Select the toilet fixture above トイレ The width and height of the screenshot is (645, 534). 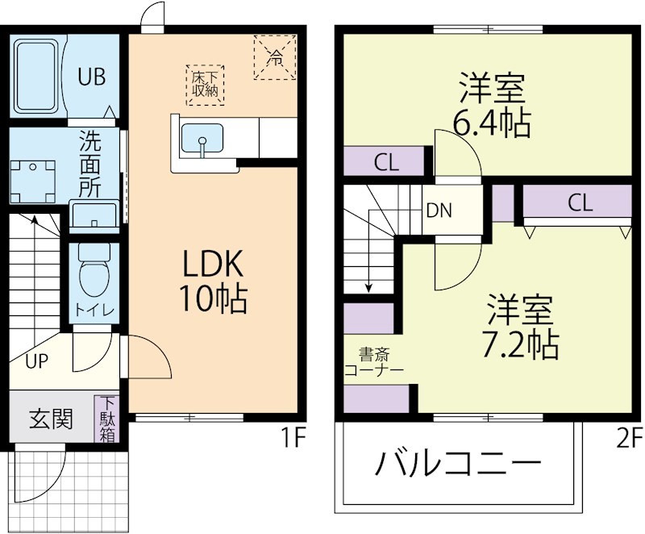point(93,271)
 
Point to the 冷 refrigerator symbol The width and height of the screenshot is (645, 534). point(275,57)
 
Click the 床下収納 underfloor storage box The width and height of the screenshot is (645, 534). point(206,84)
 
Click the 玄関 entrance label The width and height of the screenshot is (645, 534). point(52,419)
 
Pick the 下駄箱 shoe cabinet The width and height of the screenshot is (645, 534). point(106,419)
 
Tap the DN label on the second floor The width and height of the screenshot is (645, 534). point(439,211)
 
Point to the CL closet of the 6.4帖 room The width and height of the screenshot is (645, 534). point(386,162)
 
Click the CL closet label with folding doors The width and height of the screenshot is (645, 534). point(579,203)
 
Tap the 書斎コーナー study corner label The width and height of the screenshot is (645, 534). point(372,361)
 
